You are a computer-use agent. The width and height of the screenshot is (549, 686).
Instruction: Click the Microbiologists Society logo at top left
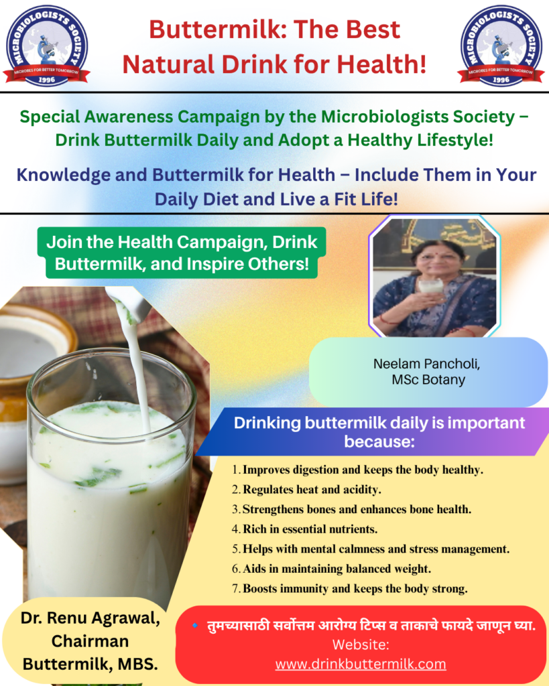(46, 46)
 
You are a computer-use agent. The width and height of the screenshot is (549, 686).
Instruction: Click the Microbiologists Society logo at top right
(501, 46)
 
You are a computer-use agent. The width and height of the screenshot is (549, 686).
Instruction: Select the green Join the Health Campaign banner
(182, 253)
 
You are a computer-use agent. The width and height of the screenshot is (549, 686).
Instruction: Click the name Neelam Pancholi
(426, 364)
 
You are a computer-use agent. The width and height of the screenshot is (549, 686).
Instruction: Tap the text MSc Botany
(428, 379)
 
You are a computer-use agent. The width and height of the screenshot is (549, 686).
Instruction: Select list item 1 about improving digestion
(358, 470)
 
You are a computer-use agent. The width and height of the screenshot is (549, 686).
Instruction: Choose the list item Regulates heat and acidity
(306, 490)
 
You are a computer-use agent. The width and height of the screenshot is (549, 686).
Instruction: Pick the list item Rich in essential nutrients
(305, 529)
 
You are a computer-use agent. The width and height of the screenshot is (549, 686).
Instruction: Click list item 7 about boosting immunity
(350, 589)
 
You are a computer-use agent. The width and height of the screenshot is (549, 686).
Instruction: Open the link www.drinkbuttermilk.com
(361, 664)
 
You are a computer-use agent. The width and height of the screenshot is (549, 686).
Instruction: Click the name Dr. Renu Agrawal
(90, 618)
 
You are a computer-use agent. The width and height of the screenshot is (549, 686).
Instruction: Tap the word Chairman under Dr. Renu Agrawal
(90, 641)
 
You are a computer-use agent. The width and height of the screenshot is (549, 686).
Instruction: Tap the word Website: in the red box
(361, 644)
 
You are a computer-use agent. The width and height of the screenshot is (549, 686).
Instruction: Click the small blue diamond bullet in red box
(195, 626)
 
